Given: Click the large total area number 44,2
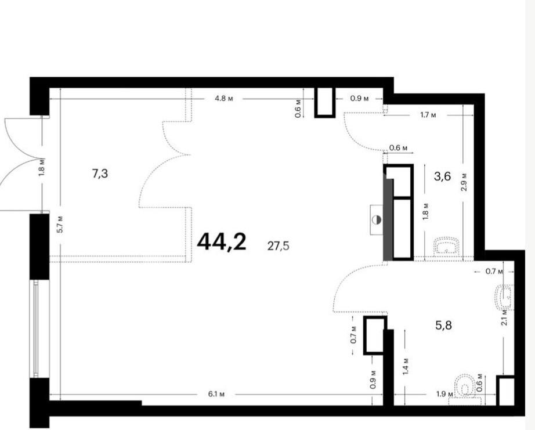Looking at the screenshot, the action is click(x=222, y=241).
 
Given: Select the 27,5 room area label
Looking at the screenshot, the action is click(x=278, y=245).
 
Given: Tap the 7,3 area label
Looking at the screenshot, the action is click(x=100, y=174).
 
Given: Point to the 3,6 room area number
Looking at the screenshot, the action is click(x=443, y=176).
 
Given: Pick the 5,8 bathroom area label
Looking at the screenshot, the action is click(x=443, y=325).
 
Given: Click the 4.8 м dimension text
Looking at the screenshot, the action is click(x=224, y=99).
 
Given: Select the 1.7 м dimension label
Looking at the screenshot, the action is click(x=428, y=115).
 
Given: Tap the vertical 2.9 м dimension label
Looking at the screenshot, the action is click(x=464, y=182).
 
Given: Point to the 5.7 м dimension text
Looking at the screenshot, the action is click(x=60, y=224).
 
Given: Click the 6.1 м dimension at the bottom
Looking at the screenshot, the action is click(x=216, y=395).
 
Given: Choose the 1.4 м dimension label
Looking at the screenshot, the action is click(x=406, y=367).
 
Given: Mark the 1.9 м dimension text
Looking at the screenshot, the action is click(x=444, y=395).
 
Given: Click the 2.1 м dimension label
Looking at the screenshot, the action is click(x=505, y=316).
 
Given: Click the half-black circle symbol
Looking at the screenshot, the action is click(x=377, y=220).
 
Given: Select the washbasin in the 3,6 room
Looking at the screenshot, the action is click(x=447, y=247).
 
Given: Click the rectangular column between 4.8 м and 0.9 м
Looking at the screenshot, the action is click(x=325, y=102).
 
